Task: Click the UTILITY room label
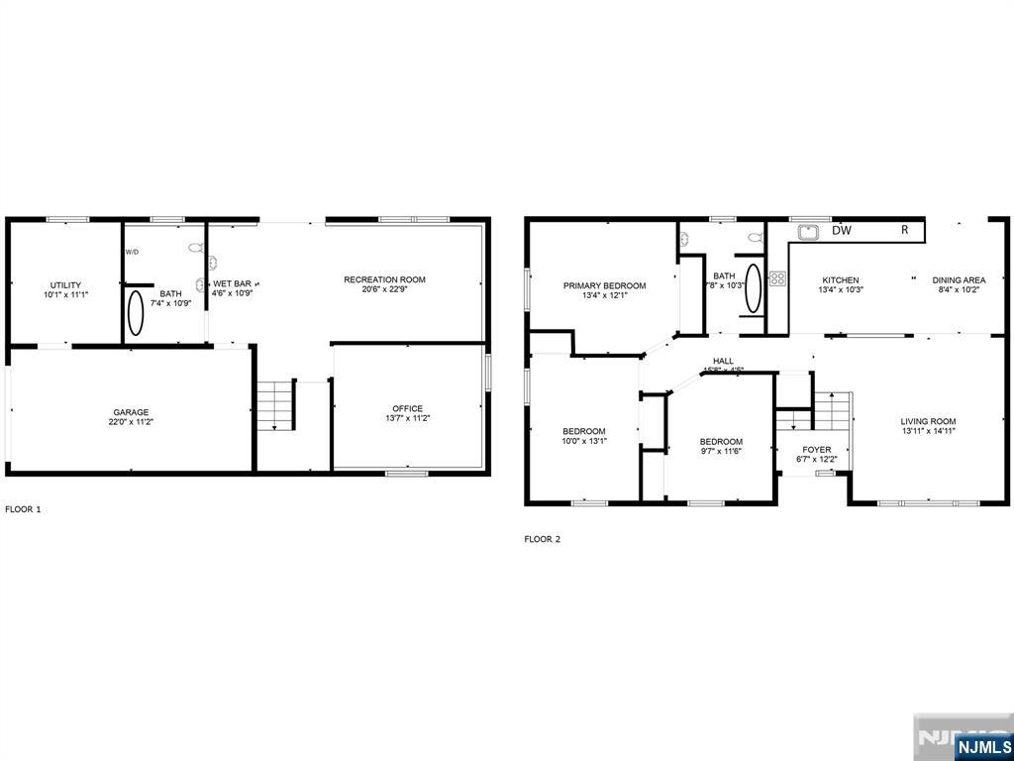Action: coord(65,285)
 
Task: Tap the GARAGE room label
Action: coord(130,412)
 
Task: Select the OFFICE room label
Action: coord(407,408)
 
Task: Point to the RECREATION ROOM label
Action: coord(384,279)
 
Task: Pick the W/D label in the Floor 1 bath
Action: coord(133,252)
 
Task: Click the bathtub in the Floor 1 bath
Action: coord(136,311)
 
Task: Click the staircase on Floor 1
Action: coord(276,404)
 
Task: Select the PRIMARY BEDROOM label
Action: coord(604,286)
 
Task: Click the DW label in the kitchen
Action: coord(842,231)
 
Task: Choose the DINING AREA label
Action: coord(959,280)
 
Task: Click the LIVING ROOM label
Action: coord(928,421)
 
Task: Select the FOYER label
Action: coord(817,450)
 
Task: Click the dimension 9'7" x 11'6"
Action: coord(721,452)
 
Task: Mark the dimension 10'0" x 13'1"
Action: coord(584,441)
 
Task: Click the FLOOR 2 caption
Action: coord(542,540)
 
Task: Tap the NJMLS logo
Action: coord(982,744)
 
